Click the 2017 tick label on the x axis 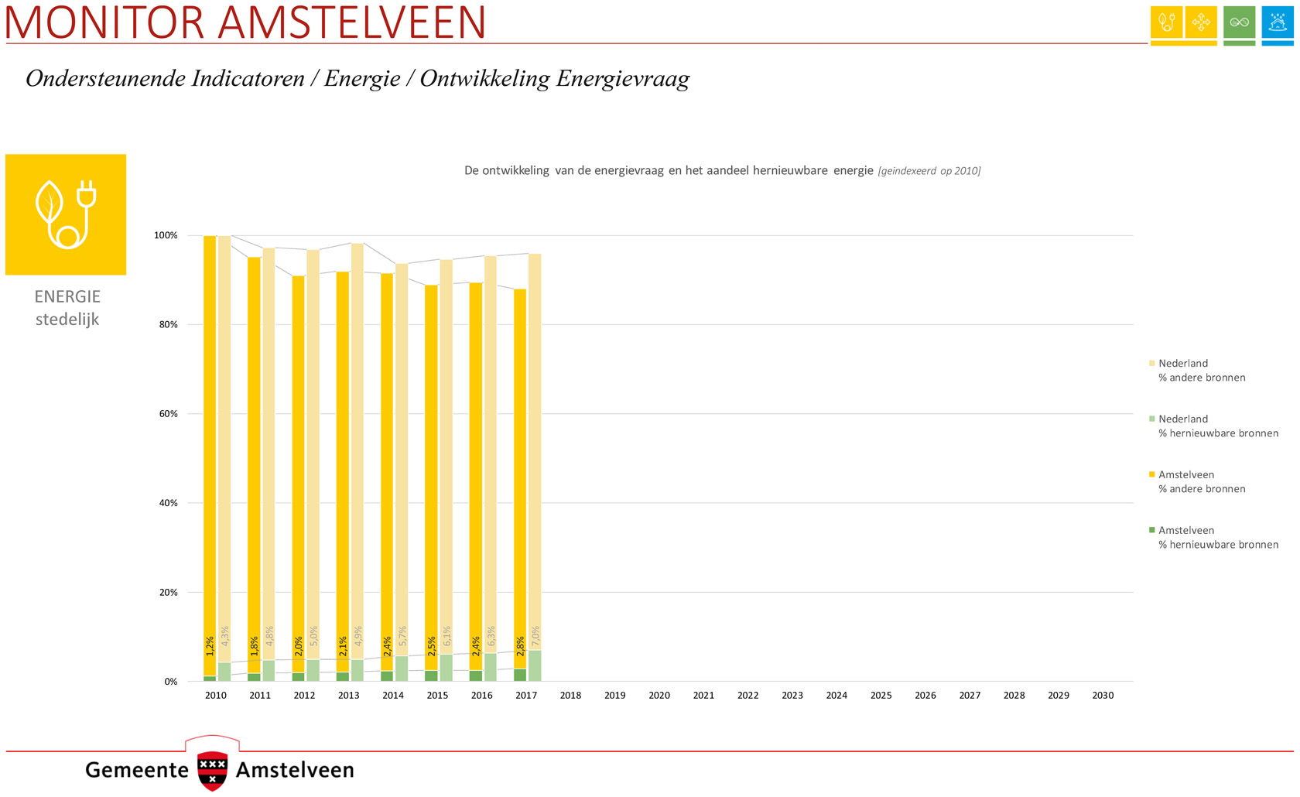[526, 696]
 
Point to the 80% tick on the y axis [168, 325]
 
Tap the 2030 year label [1103, 696]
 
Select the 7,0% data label [535, 636]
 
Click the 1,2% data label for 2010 [210, 646]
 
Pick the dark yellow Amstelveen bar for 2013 [342, 464]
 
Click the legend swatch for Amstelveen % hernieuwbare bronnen [1151, 530]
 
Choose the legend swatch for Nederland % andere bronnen [1151, 363]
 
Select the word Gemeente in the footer [137, 770]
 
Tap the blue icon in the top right [1277, 22]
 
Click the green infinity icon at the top [1239, 22]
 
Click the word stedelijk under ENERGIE [67, 320]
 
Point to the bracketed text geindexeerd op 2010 [929, 171]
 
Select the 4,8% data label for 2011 [269, 636]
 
